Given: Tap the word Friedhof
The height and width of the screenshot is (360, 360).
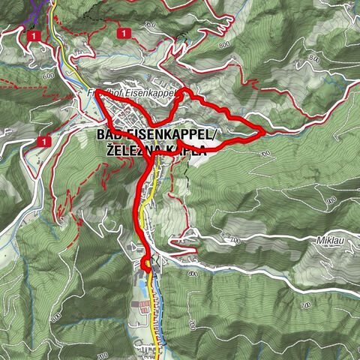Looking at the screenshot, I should (x=100, y=92).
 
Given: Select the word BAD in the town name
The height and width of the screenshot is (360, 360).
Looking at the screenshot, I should (x=109, y=135).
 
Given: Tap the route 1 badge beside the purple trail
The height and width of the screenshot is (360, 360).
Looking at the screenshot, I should (x=34, y=35).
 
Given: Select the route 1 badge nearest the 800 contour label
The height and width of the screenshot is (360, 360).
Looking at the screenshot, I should (x=123, y=32).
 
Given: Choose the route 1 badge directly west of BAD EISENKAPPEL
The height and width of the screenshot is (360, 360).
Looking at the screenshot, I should (x=46, y=140).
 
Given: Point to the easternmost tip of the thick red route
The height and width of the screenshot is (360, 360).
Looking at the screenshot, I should (x=264, y=131).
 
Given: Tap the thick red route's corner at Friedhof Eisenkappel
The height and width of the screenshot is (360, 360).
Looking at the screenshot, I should (x=97, y=91).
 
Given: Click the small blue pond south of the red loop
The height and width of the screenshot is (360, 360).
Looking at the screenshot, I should (x=158, y=262).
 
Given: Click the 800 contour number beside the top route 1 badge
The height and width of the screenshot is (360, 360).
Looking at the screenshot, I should (x=150, y=25).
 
